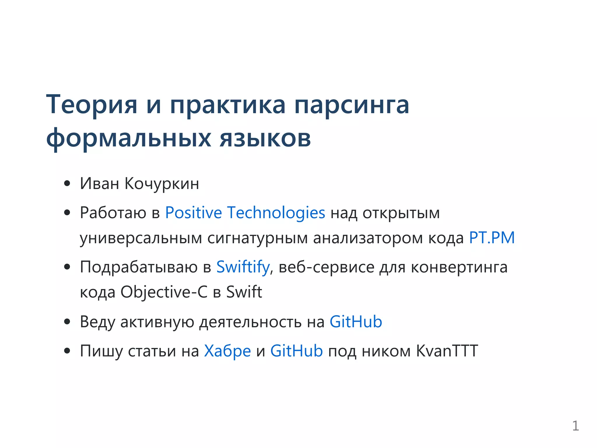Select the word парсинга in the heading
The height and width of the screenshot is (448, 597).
pos(352,105)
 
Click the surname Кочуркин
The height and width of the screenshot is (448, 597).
pos(162,184)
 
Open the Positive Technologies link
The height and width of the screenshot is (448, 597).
pos(245,213)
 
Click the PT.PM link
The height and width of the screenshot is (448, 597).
pos(492,238)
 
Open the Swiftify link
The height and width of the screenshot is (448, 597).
pos(243,267)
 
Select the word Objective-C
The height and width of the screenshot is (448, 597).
pos(164,292)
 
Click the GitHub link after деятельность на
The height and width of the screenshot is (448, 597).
pos(356,322)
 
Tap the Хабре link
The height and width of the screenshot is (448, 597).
pos(227,351)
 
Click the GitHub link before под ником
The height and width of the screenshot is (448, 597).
pos(296,351)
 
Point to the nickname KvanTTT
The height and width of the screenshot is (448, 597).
pos(447,351)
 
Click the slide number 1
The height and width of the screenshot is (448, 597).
pos(575,426)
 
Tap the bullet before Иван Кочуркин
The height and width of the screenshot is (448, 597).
pos(67,184)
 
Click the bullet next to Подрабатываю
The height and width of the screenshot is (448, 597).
pos(67,267)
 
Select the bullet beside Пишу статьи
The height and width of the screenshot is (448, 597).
pos(67,351)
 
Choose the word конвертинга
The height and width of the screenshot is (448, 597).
pos(459,267)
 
